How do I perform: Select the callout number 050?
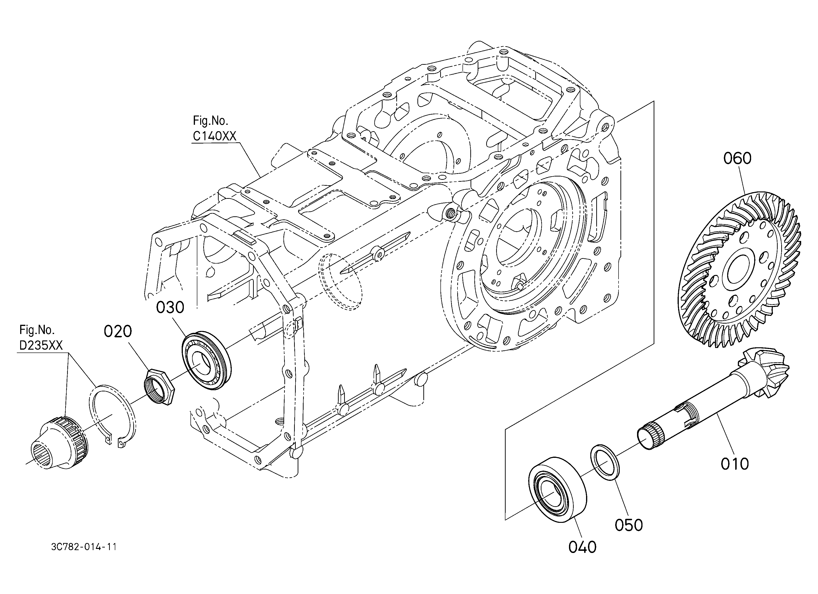coord(629,525)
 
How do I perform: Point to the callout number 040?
coord(582,547)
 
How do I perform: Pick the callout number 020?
coord(118,331)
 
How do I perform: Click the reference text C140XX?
coord(214,136)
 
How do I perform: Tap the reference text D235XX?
coord(41,345)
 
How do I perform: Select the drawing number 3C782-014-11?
coord(84,547)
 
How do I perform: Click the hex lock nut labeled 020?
coord(159,386)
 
